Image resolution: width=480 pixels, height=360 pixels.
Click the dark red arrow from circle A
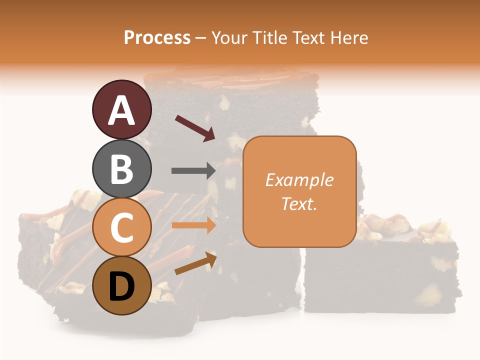tap(195, 128)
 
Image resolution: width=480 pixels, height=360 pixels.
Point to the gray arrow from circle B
tap(193, 170)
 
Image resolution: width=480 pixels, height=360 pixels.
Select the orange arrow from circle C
tap(193, 225)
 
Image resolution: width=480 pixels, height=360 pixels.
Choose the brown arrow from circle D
tap(195, 263)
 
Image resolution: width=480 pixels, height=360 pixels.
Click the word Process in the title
tap(157, 38)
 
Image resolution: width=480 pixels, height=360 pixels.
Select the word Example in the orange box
tap(299, 180)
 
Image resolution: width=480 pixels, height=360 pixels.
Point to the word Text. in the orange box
tap(299, 204)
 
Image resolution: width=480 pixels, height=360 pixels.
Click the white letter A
tap(121, 110)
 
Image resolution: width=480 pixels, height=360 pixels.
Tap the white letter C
tap(121, 228)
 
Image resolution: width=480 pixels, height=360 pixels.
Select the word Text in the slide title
tap(308, 38)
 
